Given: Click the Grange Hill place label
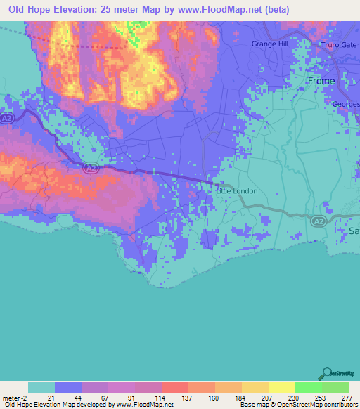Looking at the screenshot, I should tap(269, 44).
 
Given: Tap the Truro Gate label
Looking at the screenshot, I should tap(339, 45).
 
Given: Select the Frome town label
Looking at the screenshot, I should tap(321, 81).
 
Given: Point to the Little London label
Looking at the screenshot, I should tap(236, 190).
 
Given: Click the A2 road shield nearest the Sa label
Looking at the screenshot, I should tap(318, 221).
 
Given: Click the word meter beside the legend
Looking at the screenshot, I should tap(10, 397).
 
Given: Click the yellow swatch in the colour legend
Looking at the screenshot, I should tap(281, 387).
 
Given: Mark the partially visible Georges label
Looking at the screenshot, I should tap(346, 104).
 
